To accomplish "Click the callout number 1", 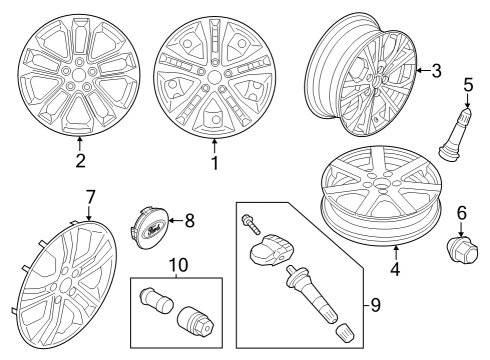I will (x=213, y=159).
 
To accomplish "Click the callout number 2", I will (x=81, y=159).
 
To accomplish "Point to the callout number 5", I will (x=467, y=86).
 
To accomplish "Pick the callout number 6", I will (x=461, y=212).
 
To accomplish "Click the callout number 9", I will (x=375, y=304).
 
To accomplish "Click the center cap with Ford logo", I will (x=149, y=226).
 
